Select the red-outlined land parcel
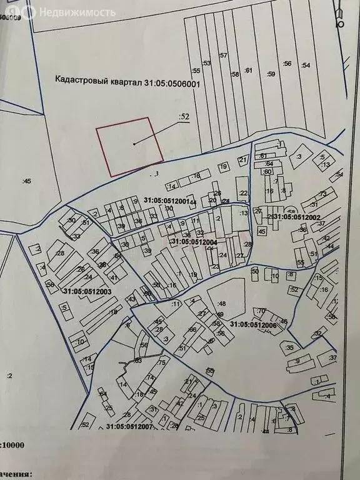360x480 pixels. coord(129,146)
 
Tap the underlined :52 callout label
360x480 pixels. coord(184,116)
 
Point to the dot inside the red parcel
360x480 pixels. coord(134,144)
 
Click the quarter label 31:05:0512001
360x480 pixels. coord(169,201)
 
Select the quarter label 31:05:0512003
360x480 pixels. coord(87,291)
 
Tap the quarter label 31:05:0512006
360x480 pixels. coord(253,324)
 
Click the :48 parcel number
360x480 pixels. coord(220,304)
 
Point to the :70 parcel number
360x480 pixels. coord(261,311)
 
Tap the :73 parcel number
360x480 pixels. coord(322,193)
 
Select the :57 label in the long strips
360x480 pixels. coord(223,55)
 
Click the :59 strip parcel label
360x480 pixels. coord(271,74)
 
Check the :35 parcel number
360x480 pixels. coord(289,347)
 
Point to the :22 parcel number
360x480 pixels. coord(244,192)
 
